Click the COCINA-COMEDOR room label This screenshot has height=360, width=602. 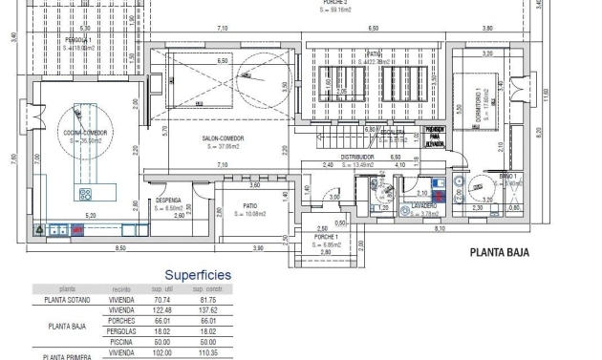click(84, 133)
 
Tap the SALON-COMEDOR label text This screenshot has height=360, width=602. click(223, 139)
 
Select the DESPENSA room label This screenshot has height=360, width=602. click(168, 201)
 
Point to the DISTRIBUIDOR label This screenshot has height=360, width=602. click(356, 157)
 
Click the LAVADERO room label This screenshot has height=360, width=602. click(424, 205)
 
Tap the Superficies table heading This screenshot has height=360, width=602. click(197, 274)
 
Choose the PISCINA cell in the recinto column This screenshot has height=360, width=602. click(121, 341)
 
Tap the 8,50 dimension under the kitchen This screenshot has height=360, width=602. click(120, 248)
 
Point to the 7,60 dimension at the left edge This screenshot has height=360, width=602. click(12, 159)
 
